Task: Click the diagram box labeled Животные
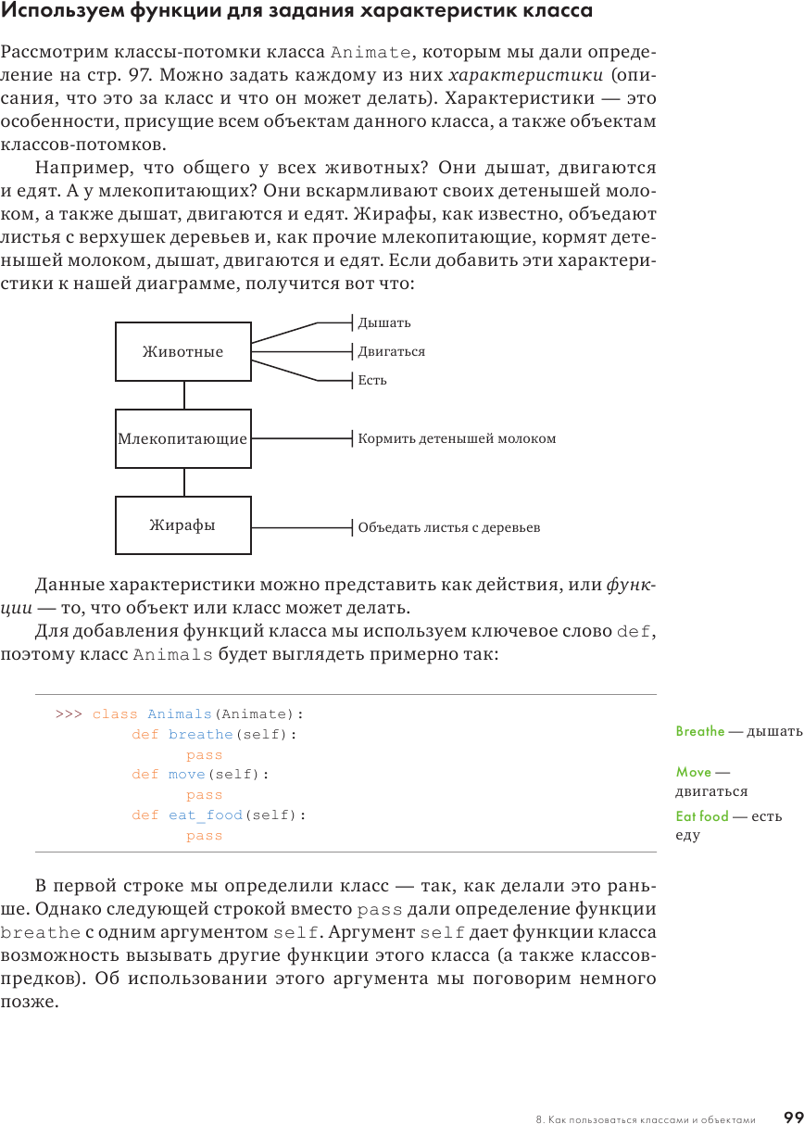(x=182, y=351)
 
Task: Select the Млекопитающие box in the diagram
(x=182, y=438)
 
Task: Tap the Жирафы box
(x=182, y=525)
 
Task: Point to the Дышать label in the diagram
(x=383, y=322)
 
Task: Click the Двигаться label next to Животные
(x=391, y=351)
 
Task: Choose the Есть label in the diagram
(x=372, y=380)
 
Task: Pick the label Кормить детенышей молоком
(x=457, y=438)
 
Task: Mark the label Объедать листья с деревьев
(x=448, y=527)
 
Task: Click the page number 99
(x=792, y=1117)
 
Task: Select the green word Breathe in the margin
(x=700, y=731)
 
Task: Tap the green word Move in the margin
(x=694, y=772)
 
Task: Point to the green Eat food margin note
(x=702, y=816)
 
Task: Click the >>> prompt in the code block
(x=69, y=714)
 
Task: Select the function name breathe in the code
(x=200, y=735)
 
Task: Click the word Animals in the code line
(x=180, y=714)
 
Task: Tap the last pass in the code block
(x=204, y=836)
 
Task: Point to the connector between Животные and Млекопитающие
(x=183, y=395)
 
